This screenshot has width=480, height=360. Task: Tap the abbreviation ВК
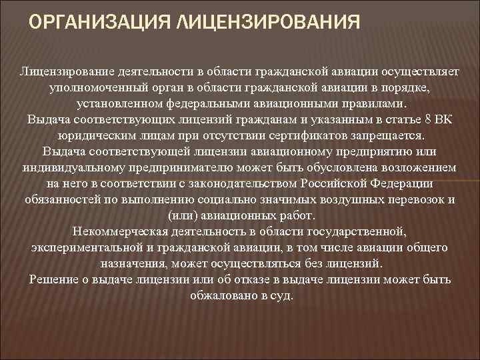pyautogui.click(x=440, y=119)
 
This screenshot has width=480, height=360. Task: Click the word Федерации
pyautogui.click(x=397, y=181)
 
